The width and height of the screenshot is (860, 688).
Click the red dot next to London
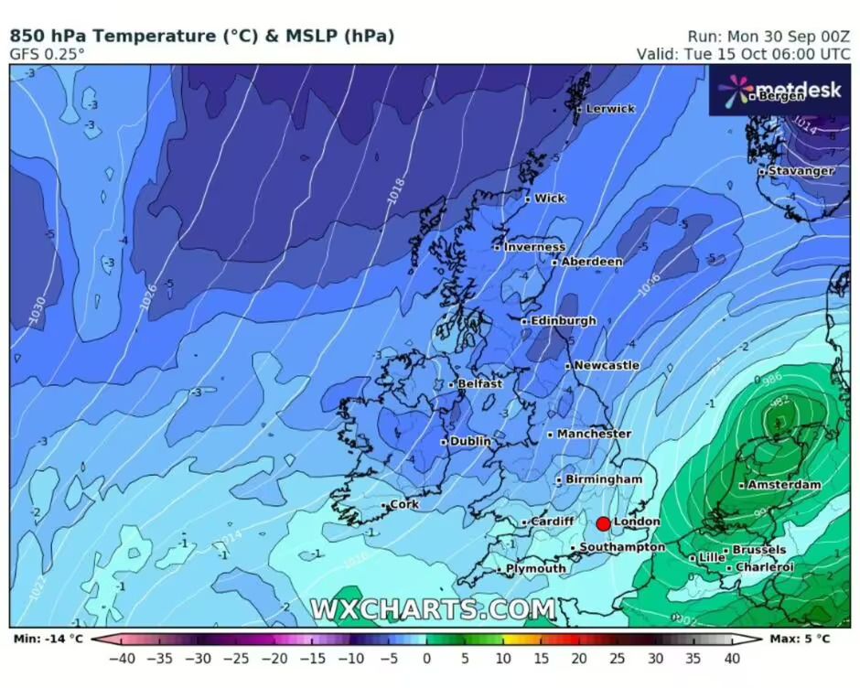point(603,523)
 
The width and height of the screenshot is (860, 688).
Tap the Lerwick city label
point(609,108)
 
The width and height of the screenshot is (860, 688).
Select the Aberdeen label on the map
point(591,262)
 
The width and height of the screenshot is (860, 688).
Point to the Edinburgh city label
point(563,321)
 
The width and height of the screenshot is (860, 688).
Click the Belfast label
point(479,384)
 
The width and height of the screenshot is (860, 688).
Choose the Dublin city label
point(470,441)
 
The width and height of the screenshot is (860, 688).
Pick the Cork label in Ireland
point(403,505)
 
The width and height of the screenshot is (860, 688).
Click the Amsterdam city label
point(784,485)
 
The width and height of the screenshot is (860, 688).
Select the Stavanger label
point(801,171)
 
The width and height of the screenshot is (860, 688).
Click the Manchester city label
point(594,434)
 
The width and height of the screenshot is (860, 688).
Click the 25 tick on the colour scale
point(618,657)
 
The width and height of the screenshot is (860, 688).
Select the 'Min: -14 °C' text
point(47,639)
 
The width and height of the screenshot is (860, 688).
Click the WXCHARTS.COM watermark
point(432,609)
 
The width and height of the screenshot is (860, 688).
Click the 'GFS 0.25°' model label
point(48,54)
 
